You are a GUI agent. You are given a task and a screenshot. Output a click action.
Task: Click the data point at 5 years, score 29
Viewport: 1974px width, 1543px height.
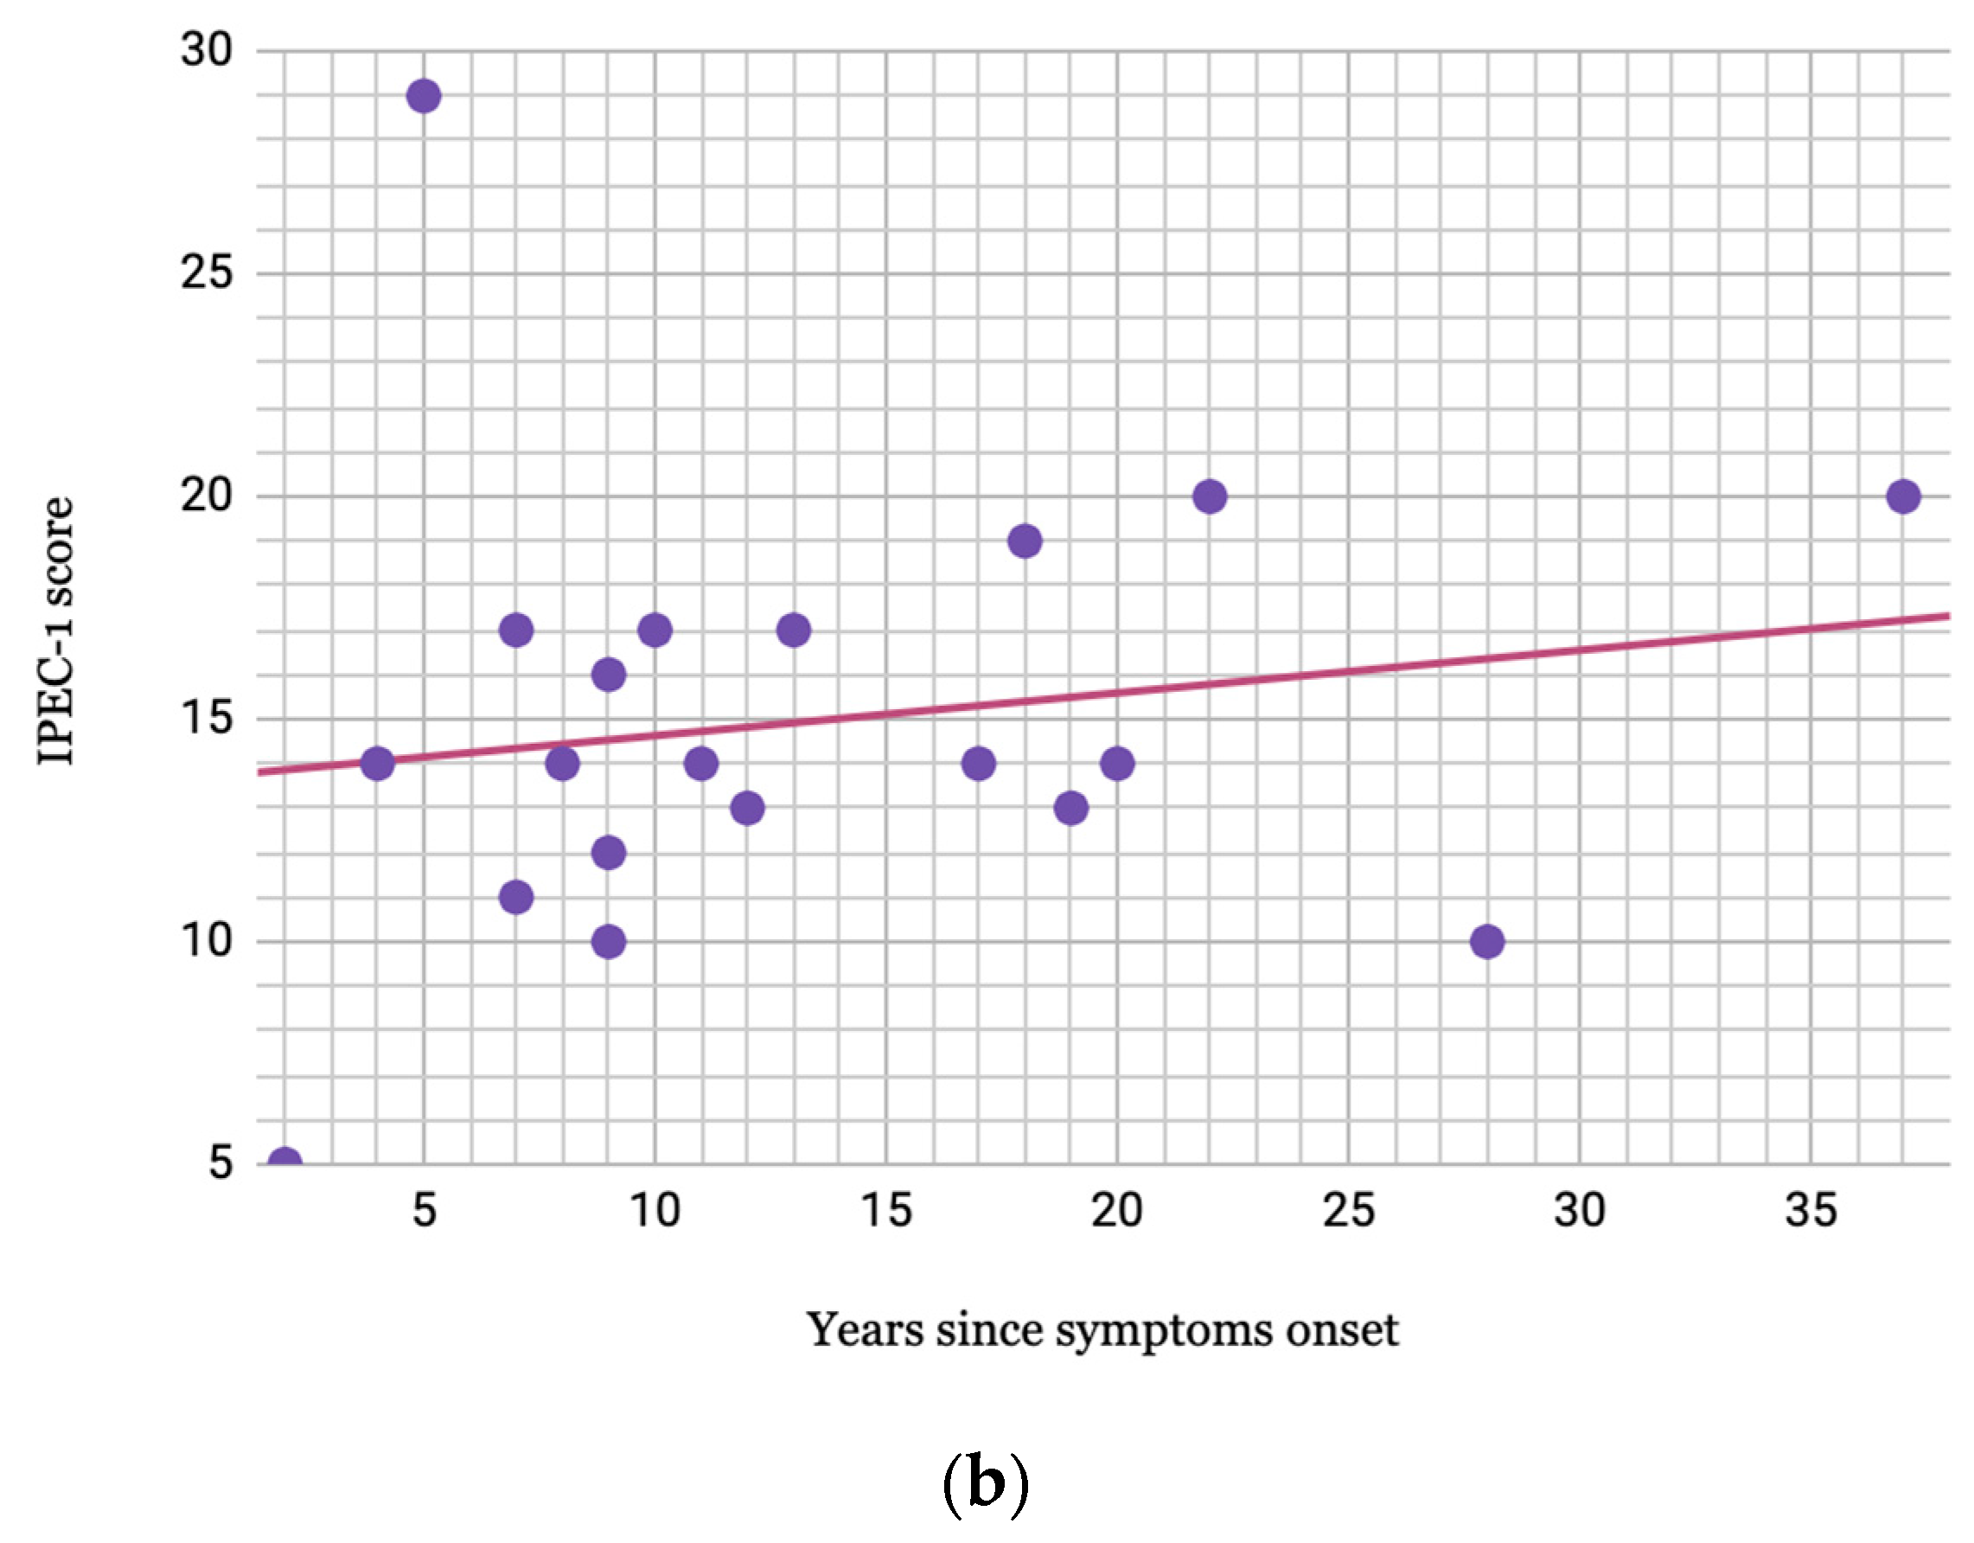(423, 96)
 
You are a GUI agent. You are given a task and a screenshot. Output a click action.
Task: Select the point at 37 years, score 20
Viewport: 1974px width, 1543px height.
(1902, 496)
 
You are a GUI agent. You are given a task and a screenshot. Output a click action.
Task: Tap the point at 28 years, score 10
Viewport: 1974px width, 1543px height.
(1487, 942)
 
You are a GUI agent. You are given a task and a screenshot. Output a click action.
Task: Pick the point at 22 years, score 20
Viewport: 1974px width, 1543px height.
(1210, 496)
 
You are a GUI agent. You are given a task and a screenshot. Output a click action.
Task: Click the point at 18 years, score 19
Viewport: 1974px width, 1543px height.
(1024, 541)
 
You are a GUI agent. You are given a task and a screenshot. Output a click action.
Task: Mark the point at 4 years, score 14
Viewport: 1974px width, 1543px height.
(377, 764)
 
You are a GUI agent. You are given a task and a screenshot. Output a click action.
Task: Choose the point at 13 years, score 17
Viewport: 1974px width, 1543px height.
(793, 630)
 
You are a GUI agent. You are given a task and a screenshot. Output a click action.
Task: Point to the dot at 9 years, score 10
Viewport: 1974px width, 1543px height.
(609, 942)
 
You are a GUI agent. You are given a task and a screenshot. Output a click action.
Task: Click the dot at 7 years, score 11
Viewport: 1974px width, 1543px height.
(515, 898)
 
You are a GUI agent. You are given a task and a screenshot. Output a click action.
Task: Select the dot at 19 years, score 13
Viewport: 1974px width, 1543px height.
(1070, 808)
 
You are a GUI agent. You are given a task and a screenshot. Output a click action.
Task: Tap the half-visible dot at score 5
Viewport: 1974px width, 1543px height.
(284, 1158)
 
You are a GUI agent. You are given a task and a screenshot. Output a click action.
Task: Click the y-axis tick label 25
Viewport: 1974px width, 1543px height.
(207, 272)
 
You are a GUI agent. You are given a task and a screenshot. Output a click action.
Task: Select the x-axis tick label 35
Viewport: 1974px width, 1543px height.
(1811, 1210)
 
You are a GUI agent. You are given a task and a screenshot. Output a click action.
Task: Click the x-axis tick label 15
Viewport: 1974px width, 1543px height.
(885, 1210)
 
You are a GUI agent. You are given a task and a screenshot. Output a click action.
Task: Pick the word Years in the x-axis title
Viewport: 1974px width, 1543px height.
(865, 1329)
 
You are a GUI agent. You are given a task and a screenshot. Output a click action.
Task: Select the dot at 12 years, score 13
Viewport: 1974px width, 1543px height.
(746, 808)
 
